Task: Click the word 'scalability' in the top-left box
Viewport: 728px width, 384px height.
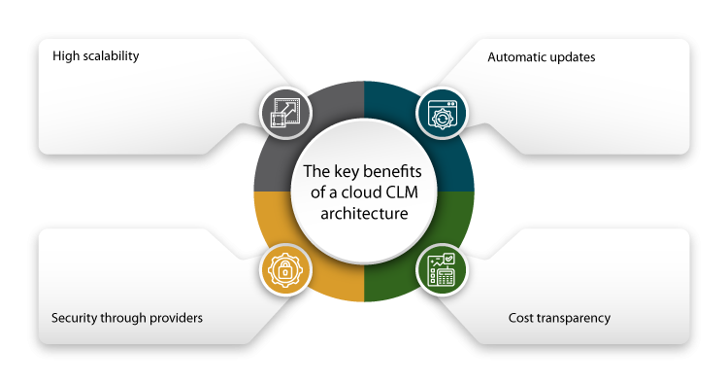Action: [109, 56]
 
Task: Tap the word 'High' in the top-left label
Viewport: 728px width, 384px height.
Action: [65, 56]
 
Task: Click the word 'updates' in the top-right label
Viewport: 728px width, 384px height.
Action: [573, 57]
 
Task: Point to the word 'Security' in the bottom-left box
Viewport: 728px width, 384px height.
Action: [73, 318]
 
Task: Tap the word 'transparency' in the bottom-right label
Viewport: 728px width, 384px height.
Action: [577, 318]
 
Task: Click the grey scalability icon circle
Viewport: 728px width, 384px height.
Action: [284, 113]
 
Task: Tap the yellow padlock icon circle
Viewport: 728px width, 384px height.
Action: [284, 271]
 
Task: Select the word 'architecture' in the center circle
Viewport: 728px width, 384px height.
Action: [364, 213]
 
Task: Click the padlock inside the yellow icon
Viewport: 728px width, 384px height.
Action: [284, 272]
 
